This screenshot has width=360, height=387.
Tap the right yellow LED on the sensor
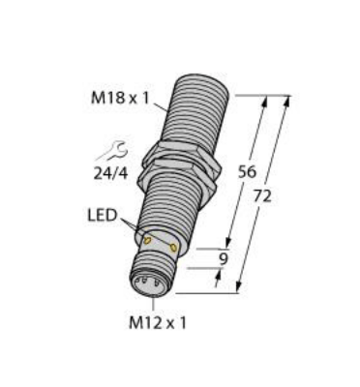(x=174, y=249)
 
